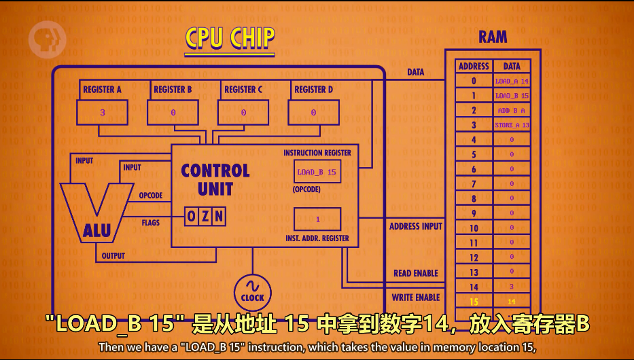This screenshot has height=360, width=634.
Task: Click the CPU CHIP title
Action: point(230,38)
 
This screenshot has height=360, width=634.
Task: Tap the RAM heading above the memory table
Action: point(493,37)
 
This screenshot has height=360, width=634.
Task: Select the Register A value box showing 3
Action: point(102,113)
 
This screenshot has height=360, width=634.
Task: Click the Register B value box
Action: point(173,113)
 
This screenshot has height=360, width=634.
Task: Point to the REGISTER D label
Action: point(313,90)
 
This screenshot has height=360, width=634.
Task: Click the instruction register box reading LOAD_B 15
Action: point(317,173)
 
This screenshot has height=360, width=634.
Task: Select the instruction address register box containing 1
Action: point(317,219)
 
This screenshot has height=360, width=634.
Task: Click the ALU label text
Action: point(97,231)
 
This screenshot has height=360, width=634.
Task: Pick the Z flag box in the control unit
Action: point(205,217)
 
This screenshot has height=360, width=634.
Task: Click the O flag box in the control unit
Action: point(192,217)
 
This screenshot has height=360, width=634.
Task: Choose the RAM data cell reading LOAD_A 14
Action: point(512,81)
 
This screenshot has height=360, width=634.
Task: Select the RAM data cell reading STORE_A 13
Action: point(512,125)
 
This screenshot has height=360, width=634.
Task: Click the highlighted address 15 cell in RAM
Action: point(474,301)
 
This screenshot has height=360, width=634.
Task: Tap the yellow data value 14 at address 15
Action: point(512,301)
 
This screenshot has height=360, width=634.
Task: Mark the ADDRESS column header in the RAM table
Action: point(474,66)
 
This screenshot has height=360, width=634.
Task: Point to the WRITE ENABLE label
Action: point(416,298)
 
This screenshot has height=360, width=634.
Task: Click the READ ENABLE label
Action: point(416,273)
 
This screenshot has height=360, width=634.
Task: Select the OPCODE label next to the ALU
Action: point(151,196)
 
